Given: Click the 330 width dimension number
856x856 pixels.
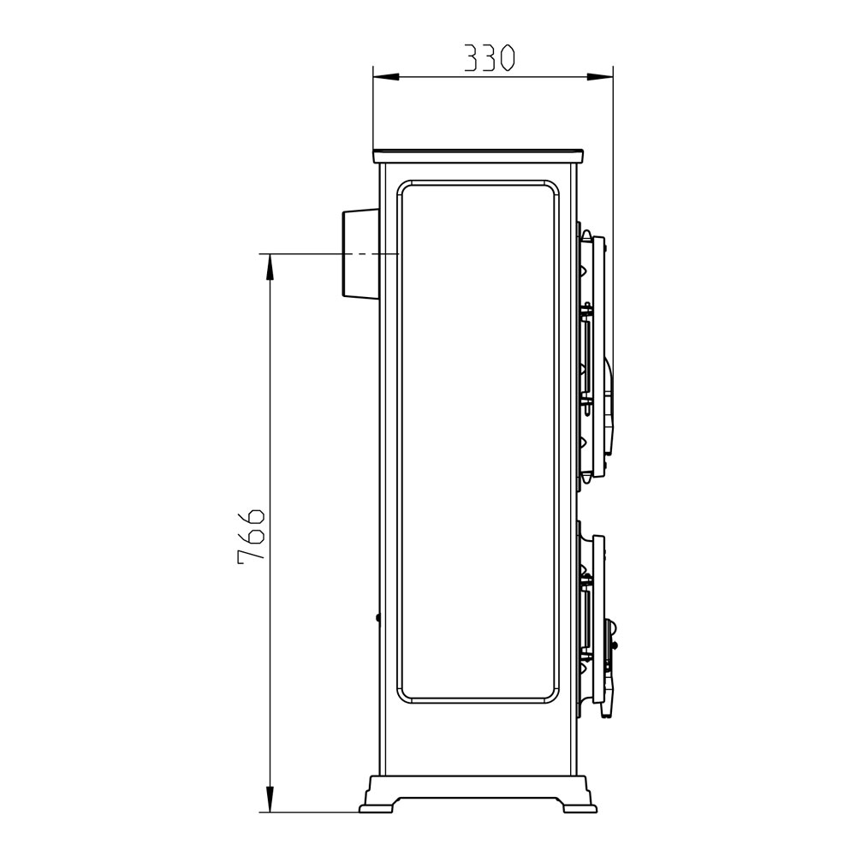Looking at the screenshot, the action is pyautogui.click(x=489, y=59).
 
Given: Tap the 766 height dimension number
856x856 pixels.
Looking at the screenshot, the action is pyautogui.click(x=251, y=533).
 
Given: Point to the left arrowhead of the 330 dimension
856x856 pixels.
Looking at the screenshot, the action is pyautogui.click(x=385, y=77).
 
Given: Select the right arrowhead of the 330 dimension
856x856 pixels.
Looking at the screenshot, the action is pyautogui.click(x=601, y=77).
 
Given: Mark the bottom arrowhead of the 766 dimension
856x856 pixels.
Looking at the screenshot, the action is pyautogui.click(x=269, y=799).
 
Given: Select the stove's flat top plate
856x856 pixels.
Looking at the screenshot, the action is pyautogui.click(x=478, y=156).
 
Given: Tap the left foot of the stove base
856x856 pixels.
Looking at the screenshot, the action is pyautogui.click(x=377, y=805).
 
